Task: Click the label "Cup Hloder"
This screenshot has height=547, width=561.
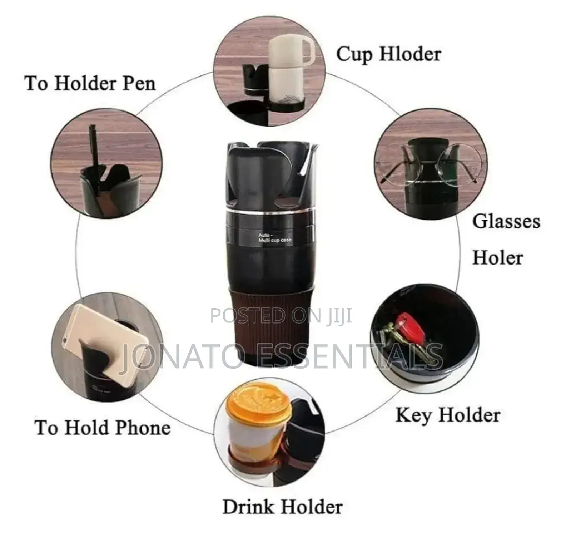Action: pos(388,55)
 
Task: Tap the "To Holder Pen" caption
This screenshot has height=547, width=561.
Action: pos(90,84)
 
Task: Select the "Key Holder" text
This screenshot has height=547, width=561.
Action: pos(448,415)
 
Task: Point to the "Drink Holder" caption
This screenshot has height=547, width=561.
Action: pos(282,507)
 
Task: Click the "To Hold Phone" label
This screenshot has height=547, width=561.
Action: pos(103,427)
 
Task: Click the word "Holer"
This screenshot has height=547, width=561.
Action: pos(497,257)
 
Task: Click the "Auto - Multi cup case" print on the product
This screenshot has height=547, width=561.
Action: pos(274,238)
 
